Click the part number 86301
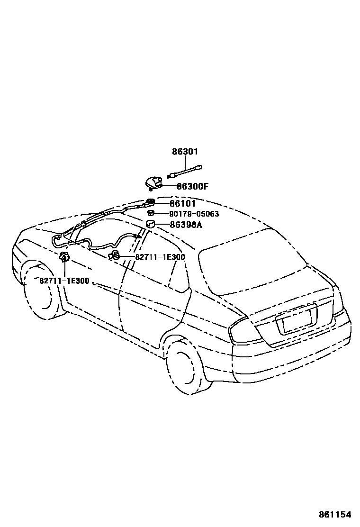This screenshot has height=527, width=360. tap(185, 152)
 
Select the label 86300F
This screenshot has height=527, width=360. tap(192, 186)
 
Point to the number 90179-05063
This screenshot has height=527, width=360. tap(194, 214)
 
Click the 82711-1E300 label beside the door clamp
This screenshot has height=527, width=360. tap(160, 257)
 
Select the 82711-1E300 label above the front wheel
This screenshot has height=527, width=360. tap(64, 281)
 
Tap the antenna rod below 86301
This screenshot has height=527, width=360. tap(188, 171)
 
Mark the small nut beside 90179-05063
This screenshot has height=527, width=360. tap(151, 214)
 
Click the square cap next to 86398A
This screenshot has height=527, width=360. tap(151, 224)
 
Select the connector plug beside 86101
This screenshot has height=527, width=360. tap(151, 203)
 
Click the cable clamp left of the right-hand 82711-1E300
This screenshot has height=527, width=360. tap(114, 256)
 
